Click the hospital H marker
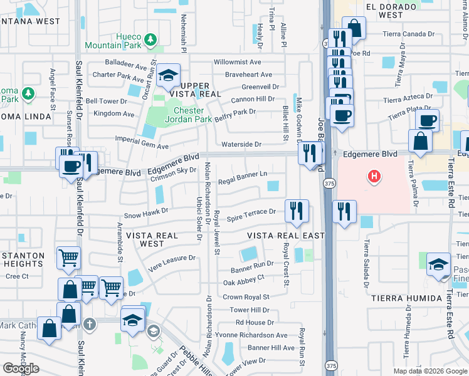(x=374, y=177)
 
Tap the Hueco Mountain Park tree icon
(x=150, y=40)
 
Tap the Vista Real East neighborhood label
(x=286, y=235)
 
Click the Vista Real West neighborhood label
(x=145, y=239)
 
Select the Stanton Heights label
(x=23, y=259)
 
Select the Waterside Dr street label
(x=241, y=144)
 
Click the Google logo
(x=21, y=368)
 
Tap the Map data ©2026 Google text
(x=429, y=371)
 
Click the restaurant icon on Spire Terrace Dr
(x=297, y=210)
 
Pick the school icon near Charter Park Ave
(x=168, y=76)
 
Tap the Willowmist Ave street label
(x=237, y=62)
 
